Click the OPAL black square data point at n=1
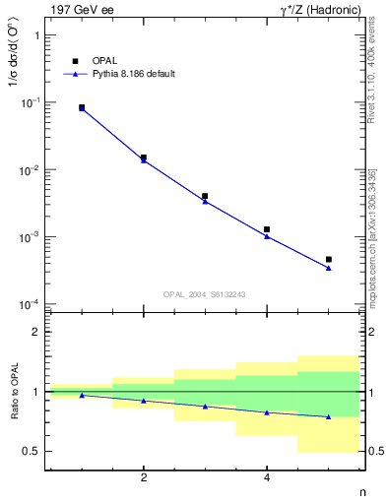pyautogui.click(x=82, y=107)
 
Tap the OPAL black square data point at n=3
pyautogui.click(x=205, y=196)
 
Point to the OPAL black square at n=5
pyautogui.click(x=329, y=260)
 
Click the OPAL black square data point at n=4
pyautogui.click(x=267, y=229)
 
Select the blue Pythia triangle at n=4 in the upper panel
pyautogui.click(x=267, y=236)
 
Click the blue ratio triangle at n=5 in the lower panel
pyautogui.click(x=329, y=416)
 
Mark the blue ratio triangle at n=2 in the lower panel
pyautogui.click(x=144, y=401)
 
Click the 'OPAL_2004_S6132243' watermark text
pyautogui.click(x=203, y=293)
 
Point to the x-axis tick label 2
pyautogui.click(x=144, y=478)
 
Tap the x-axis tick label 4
pyautogui.click(x=267, y=478)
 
